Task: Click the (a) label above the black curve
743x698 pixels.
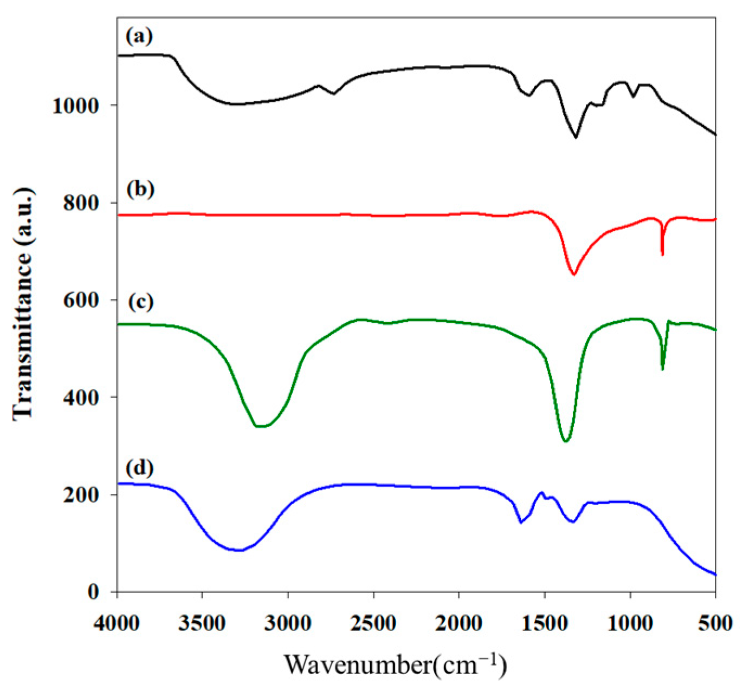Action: (139, 37)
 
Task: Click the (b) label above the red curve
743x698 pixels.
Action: (140, 189)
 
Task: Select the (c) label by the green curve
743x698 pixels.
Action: (140, 301)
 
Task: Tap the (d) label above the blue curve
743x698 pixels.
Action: (140, 467)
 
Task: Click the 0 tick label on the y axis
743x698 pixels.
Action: (94, 592)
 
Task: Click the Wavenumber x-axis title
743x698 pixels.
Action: (395, 664)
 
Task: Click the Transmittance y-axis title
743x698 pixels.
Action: (23, 304)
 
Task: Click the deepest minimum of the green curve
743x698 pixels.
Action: (566, 441)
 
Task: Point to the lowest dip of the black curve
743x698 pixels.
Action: (576, 137)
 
